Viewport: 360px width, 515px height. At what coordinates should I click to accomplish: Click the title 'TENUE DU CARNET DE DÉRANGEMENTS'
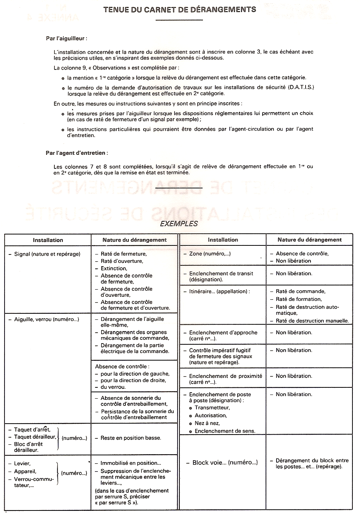tap(179, 9)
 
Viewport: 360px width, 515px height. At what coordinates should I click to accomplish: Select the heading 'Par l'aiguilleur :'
tap(66, 39)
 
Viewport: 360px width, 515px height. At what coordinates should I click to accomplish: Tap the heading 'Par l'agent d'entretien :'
tap(77, 153)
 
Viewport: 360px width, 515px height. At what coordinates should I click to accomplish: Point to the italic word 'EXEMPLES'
tap(179, 224)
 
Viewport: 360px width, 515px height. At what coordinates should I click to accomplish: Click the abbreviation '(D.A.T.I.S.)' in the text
tap(301, 87)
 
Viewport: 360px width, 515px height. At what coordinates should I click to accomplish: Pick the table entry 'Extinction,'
tap(114, 268)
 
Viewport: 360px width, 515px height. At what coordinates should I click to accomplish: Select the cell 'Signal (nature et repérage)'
tap(47, 254)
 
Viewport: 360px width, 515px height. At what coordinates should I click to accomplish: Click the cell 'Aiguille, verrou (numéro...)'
tap(46, 319)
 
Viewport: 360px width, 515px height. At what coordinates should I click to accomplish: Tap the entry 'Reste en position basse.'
tap(131, 438)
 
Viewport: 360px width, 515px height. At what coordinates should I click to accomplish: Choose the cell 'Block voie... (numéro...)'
tap(225, 463)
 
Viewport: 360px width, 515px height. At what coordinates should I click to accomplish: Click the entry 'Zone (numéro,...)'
tap(210, 254)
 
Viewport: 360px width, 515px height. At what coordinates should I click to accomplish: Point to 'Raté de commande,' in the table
tap(300, 291)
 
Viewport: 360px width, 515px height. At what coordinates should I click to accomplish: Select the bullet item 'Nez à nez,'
tap(207, 423)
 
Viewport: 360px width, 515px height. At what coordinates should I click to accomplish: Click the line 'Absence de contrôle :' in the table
tap(122, 367)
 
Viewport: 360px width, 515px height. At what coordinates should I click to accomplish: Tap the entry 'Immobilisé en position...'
tap(131, 463)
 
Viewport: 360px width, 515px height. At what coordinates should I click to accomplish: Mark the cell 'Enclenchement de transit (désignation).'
tap(221, 276)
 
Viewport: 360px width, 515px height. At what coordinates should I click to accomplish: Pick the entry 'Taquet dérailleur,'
tap(35, 437)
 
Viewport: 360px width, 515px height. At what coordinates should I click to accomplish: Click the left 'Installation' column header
tap(48, 240)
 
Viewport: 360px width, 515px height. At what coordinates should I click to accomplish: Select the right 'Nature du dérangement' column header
tap(309, 240)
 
